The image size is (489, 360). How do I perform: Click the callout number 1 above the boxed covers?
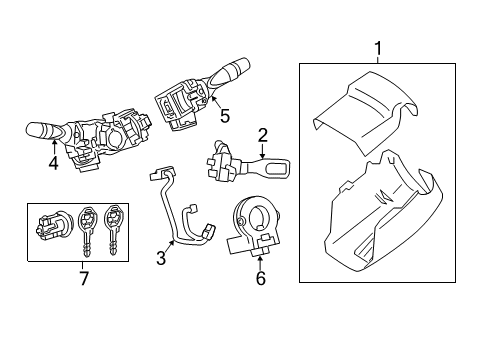tap(378, 47)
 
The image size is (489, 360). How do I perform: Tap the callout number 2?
tap(263, 135)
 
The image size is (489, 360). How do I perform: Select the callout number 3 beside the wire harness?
tap(161, 259)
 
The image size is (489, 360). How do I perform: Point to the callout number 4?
tap(53, 162)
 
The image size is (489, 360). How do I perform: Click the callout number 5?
tap(225, 116)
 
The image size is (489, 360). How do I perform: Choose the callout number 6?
tap(260, 279)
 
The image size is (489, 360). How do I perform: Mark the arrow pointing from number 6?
tap(260, 258)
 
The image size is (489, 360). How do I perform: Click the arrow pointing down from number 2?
tap(263, 153)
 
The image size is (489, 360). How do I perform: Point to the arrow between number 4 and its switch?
tap(53, 148)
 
